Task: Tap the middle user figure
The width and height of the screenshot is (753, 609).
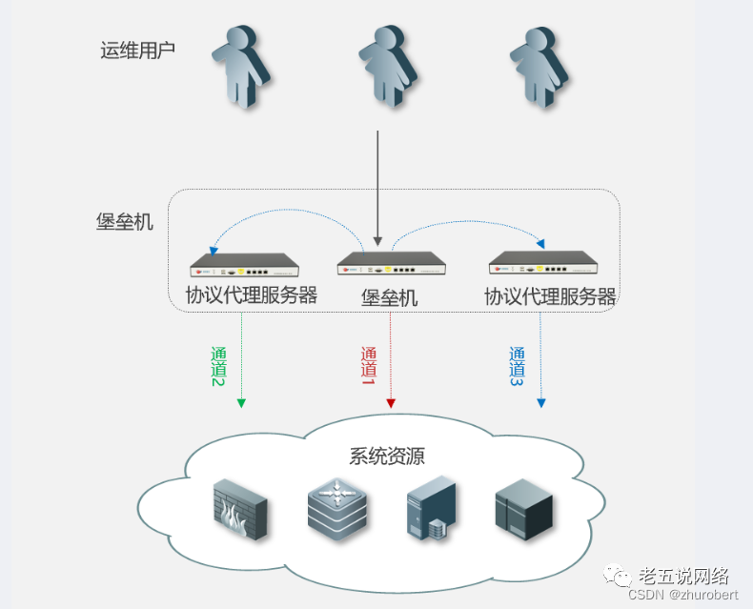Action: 386,65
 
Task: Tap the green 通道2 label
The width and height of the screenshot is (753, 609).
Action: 219,366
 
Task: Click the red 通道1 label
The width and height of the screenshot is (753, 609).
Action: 369,366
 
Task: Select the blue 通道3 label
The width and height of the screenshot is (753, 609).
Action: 518,366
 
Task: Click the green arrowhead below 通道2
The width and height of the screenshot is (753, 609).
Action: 241,402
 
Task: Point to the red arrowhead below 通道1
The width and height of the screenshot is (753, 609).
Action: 391,404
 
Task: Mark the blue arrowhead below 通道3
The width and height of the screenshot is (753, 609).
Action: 541,402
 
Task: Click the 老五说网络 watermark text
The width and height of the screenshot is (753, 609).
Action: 682,576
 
